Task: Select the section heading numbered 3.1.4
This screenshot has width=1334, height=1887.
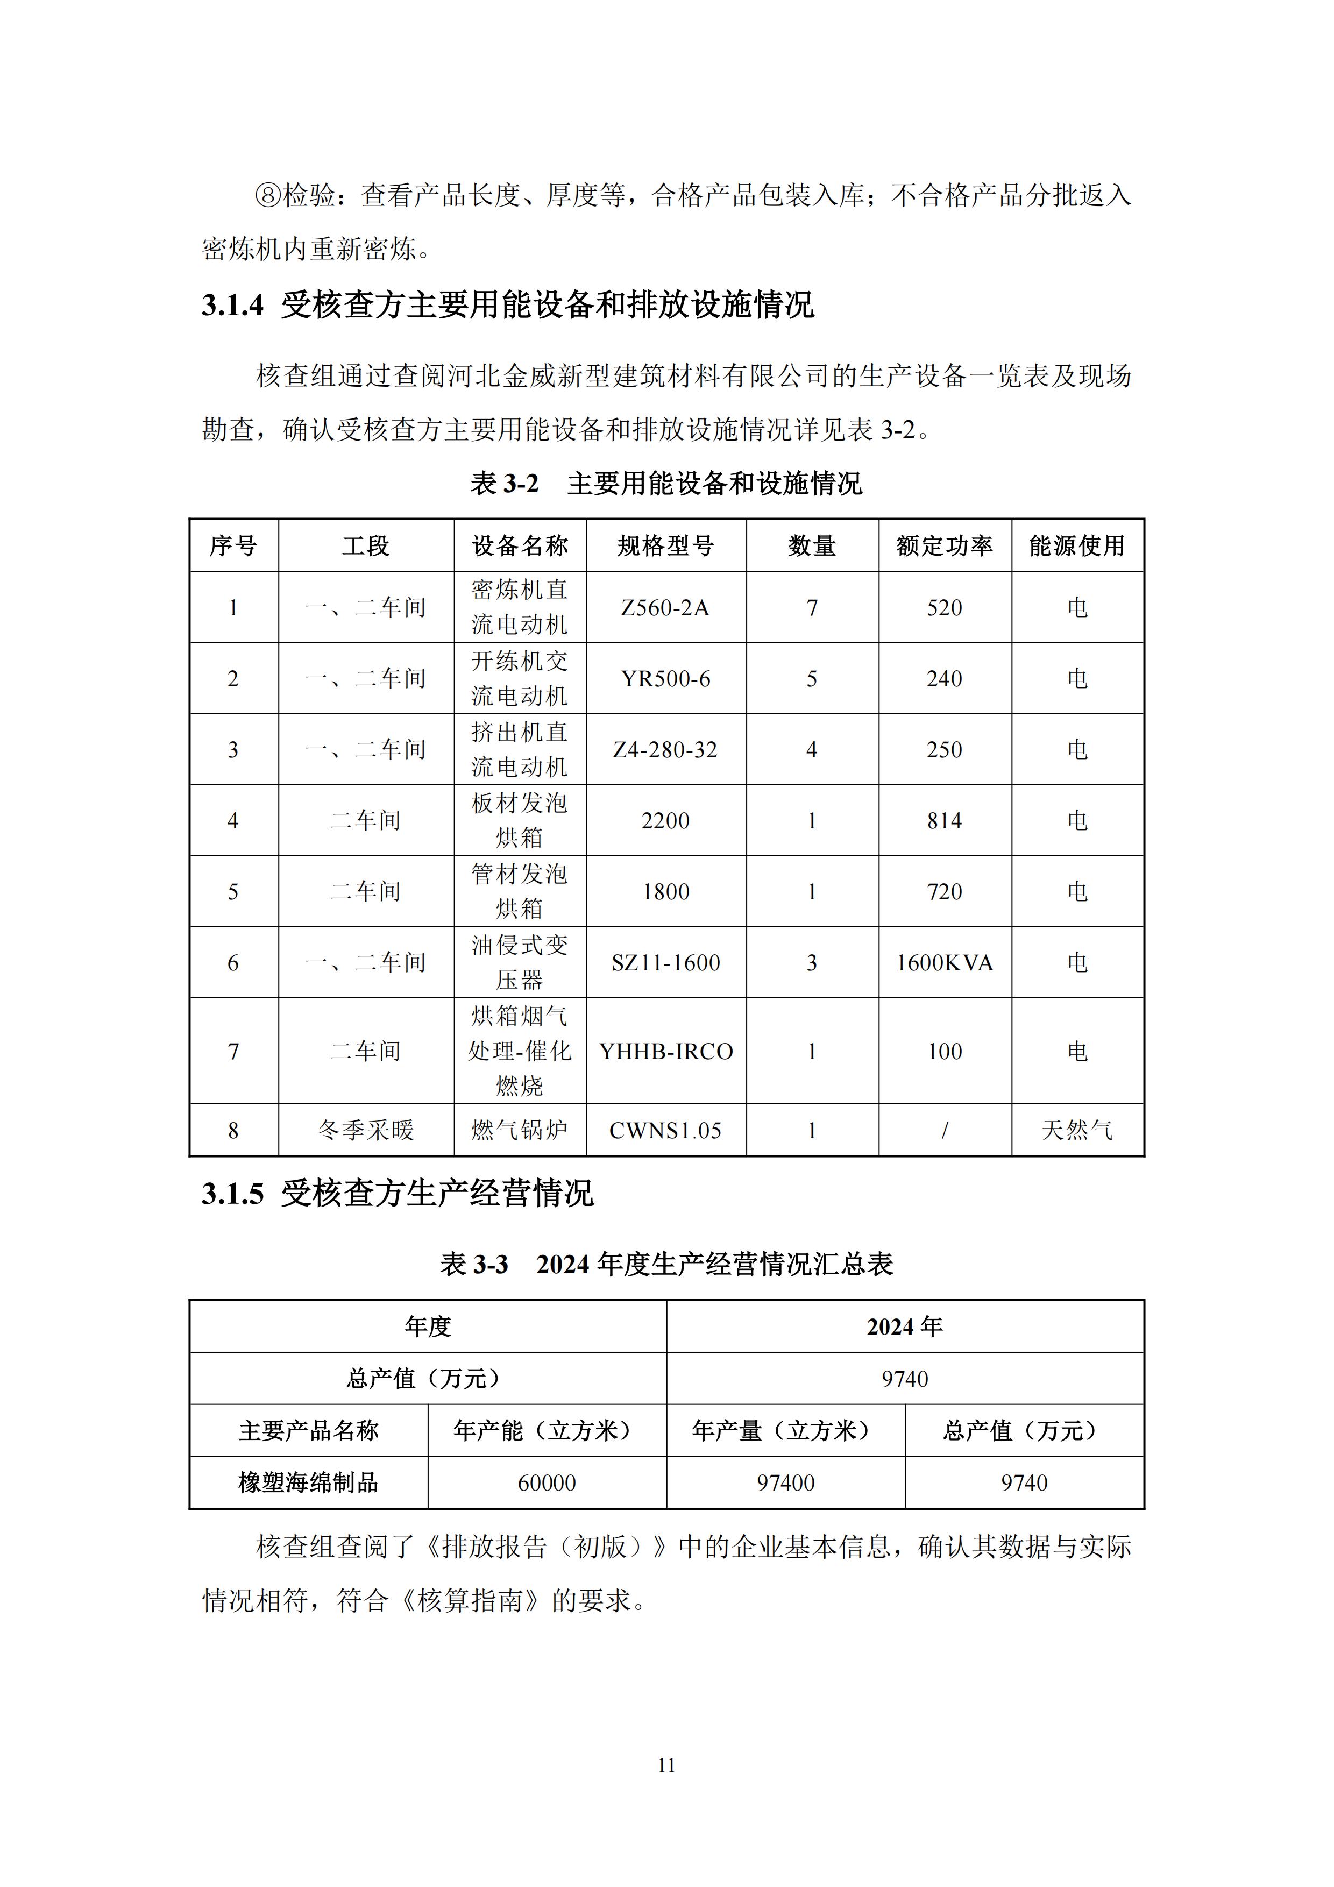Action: pos(507,305)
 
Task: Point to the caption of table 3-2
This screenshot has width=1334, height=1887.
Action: pos(666,483)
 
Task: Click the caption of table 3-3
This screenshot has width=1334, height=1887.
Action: pos(666,1264)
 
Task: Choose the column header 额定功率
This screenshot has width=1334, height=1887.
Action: pos(945,546)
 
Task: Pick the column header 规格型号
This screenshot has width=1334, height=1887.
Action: pos(666,546)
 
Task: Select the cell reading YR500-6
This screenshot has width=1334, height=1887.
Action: pos(666,679)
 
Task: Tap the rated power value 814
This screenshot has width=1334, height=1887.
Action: pos(945,820)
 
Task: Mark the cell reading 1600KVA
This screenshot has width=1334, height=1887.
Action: pos(945,962)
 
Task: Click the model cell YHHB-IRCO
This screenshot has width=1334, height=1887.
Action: pos(666,1051)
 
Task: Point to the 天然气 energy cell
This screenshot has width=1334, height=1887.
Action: pos(1077,1130)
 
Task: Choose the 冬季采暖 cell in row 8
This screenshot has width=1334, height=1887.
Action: pos(366,1130)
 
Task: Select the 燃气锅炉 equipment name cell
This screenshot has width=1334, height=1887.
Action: pos(520,1130)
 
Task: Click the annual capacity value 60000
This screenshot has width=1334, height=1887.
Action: pos(547,1482)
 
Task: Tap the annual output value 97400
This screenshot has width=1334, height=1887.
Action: pos(786,1482)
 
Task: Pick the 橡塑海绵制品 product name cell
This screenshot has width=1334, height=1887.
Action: pos(308,1482)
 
